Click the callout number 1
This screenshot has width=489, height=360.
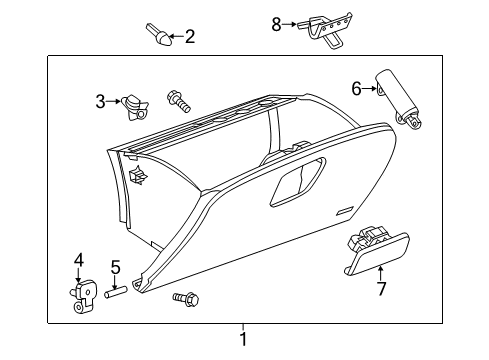point(242,340)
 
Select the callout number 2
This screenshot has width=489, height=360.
point(189,38)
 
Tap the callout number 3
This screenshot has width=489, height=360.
point(100,101)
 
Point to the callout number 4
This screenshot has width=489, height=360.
point(79,262)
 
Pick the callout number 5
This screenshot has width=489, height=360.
point(115,268)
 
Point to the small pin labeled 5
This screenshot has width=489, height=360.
point(116,293)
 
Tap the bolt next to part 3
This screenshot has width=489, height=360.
point(175,100)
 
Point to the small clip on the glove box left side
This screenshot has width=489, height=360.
point(137,177)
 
